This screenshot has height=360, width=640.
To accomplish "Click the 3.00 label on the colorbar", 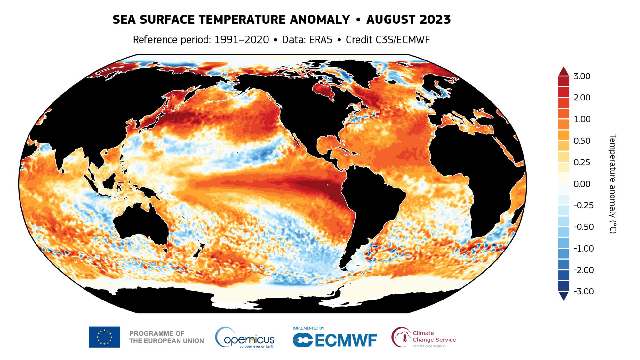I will click(x=582, y=76).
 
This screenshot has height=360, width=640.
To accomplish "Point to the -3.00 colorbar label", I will click(x=583, y=292).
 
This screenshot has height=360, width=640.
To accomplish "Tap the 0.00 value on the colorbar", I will click(x=582, y=184).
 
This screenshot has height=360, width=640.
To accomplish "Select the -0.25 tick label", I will click(x=583, y=205).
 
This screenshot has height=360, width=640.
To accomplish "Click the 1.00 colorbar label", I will click(x=582, y=119).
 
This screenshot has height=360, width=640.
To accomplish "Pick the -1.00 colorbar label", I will click(x=583, y=249).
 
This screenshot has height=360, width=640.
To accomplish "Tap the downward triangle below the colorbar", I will click(x=564, y=296).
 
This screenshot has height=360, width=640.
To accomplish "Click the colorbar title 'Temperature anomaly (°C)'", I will click(x=612, y=184).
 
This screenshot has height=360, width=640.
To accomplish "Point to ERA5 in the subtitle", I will click(x=320, y=40).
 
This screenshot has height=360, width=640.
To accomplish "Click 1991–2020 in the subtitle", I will click(x=242, y=40).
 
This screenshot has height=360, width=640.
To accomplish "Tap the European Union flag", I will click(x=104, y=337).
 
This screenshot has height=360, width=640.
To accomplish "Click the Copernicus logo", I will click(x=245, y=338).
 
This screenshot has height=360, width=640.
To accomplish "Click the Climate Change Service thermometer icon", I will click(x=402, y=337).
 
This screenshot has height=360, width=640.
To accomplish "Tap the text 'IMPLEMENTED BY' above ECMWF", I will click(x=308, y=328).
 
